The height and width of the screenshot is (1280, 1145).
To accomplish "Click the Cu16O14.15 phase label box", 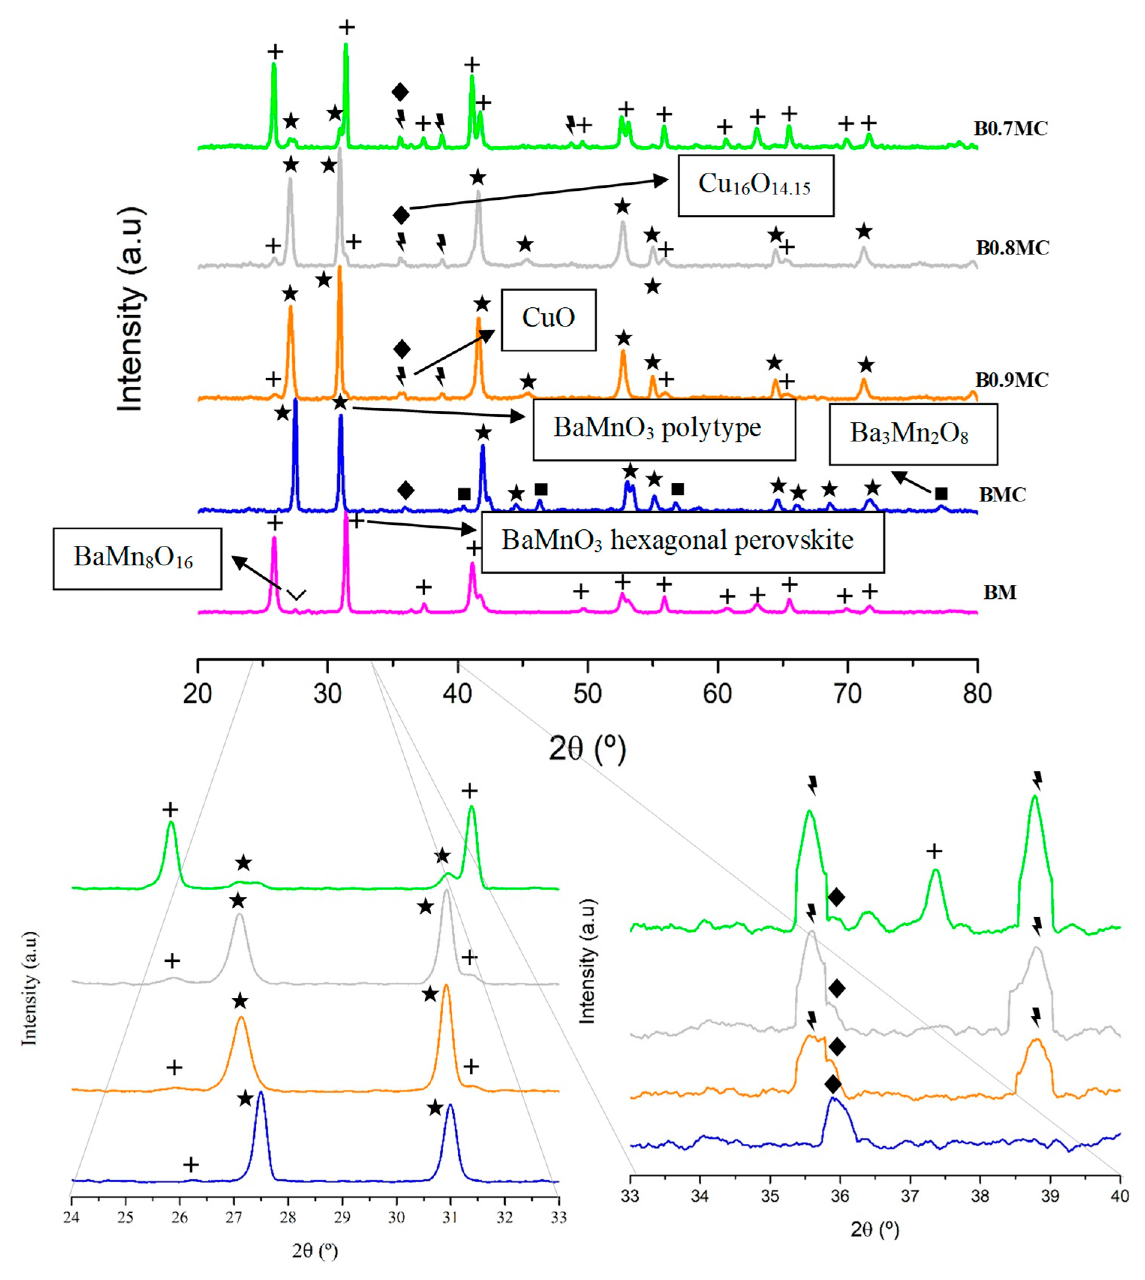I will coord(756,185).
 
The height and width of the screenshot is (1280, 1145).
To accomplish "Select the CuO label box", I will coord(548,319).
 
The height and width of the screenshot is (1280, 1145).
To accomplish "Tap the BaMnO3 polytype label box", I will coord(664,429).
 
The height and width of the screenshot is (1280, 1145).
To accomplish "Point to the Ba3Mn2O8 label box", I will coord(913,434).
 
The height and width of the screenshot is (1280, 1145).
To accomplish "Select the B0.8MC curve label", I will coord(1012,248).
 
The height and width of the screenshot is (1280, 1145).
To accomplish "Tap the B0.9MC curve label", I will coord(1012,381).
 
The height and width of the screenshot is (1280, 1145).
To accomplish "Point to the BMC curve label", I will coord(1002,495).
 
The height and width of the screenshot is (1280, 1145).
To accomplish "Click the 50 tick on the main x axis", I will coord(588,693).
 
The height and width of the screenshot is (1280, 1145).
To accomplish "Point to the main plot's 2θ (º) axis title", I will coord(588,748).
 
